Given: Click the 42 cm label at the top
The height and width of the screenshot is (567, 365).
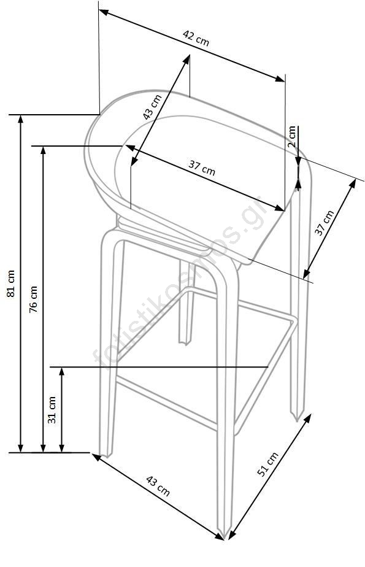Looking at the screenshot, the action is [196, 38].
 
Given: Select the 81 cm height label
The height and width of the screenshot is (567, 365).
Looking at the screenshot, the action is [11, 283].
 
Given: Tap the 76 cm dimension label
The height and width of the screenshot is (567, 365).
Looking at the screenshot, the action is [33, 299].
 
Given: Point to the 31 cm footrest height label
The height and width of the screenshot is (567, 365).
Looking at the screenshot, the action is [52, 410].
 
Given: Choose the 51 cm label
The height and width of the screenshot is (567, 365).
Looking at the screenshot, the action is [267, 464].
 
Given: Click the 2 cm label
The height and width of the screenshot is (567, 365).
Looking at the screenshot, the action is [291, 136].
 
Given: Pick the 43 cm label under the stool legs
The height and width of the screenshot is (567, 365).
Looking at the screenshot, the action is [158, 485].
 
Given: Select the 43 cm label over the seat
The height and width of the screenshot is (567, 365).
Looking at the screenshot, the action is [152, 107].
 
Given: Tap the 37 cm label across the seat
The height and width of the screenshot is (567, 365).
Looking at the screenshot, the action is [202, 168].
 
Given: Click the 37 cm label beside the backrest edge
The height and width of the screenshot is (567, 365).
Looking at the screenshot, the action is [325, 223].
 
